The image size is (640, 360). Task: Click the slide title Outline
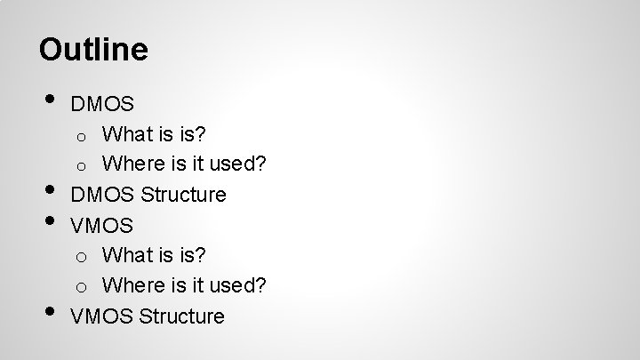click(x=93, y=49)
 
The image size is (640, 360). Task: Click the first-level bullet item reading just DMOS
click(x=102, y=105)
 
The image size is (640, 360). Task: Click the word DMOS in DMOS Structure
click(x=102, y=195)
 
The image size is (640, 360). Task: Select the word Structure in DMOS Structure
click(x=184, y=195)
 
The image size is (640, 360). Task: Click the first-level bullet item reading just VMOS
click(x=101, y=225)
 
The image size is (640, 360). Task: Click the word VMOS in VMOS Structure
click(x=101, y=316)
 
